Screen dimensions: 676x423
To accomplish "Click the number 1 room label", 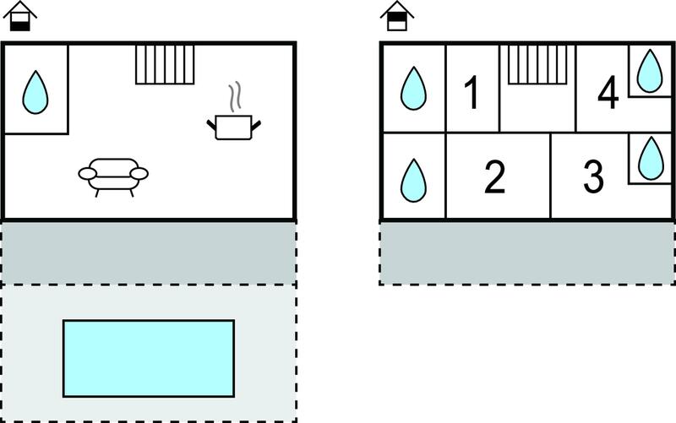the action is click(x=472, y=92).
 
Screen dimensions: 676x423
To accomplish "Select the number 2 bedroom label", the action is click(x=494, y=176).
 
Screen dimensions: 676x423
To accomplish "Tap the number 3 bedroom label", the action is click(x=594, y=176).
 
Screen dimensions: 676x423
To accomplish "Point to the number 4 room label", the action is click(x=608, y=92).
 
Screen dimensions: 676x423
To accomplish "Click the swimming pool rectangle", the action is click(x=149, y=358).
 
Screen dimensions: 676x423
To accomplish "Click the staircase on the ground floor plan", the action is click(x=165, y=64).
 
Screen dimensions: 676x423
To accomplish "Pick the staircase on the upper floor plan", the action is click(x=537, y=64).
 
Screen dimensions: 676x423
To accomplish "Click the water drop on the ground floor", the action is click(x=35, y=92).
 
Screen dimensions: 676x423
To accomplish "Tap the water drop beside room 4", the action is click(x=650, y=71).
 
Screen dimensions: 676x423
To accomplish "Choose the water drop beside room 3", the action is click(x=651, y=158).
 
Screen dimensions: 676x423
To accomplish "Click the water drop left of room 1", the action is click(x=413, y=88).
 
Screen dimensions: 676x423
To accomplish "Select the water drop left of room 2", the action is click(x=413, y=180).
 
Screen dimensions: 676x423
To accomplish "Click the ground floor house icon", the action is click(x=19, y=16).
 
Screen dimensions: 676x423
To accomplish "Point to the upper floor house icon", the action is click(x=397, y=16).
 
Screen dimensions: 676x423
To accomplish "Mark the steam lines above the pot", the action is click(x=235, y=97).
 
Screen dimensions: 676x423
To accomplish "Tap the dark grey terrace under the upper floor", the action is click(x=527, y=252).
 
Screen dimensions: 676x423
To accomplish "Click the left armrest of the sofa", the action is click(x=88, y=174).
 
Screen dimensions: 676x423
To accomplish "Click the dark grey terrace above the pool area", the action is click(x=149, y=252).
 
